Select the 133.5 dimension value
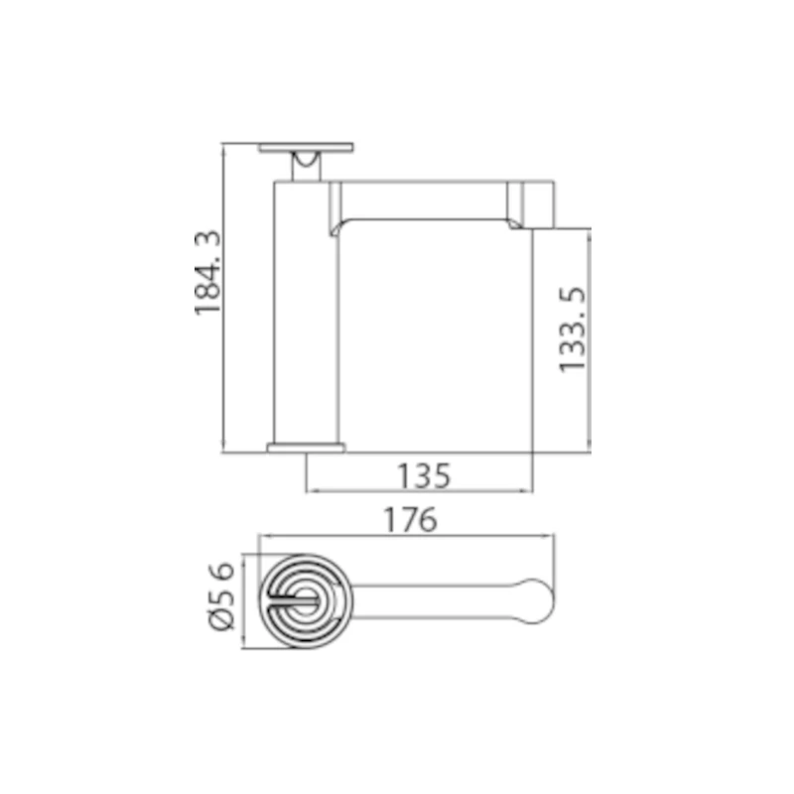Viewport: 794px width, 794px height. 573,329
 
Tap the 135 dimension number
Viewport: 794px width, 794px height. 425,476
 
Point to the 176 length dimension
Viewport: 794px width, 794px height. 411,520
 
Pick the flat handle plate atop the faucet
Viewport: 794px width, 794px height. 307,149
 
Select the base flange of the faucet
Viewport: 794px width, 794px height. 307,448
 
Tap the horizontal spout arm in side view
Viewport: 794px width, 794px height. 427,198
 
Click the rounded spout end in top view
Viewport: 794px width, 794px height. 532,601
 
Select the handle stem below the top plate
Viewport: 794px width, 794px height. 307,168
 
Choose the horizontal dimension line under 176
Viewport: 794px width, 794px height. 407,536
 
